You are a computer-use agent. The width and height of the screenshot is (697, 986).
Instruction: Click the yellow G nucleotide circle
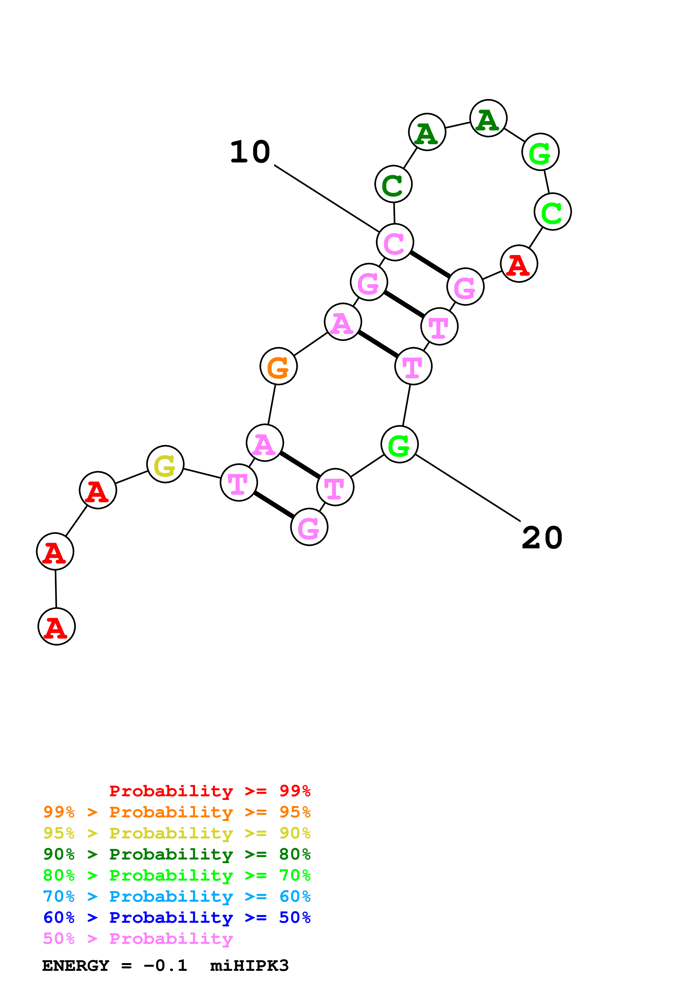165,464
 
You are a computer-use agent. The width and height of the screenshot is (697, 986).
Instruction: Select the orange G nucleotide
279,366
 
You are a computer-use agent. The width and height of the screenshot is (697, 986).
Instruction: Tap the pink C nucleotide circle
395,242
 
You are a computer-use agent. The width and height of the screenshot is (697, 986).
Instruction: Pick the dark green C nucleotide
393,184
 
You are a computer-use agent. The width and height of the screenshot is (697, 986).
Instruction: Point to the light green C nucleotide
553,212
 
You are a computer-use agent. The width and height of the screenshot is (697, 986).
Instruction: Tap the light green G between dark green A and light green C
540,152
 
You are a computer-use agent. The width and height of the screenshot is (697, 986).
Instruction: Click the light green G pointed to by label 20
399,444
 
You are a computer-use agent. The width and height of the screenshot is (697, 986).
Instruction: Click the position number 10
250,152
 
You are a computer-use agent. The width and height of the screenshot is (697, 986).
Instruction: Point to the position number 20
542,538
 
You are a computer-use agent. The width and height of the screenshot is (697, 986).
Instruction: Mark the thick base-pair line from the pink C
430,264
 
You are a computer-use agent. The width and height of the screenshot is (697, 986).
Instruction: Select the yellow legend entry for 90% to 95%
177,833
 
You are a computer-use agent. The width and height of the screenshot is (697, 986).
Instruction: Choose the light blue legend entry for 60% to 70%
177,896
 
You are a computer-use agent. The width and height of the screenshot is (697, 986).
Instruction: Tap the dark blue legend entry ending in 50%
177,917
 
